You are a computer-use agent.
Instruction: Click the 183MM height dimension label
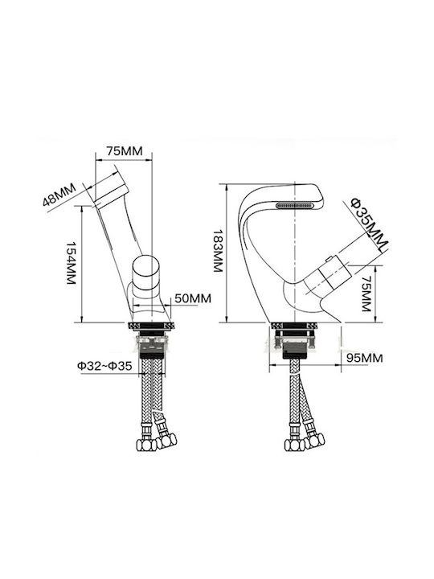point(218,251)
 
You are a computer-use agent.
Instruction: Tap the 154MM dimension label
point(71,263)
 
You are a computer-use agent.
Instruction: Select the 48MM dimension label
point(59,195)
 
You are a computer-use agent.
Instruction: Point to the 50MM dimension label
point(193,298)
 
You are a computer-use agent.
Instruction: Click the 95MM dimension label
point(364,358)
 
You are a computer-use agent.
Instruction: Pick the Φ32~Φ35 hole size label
point(104,366)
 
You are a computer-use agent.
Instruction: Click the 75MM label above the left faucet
point(125,151)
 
